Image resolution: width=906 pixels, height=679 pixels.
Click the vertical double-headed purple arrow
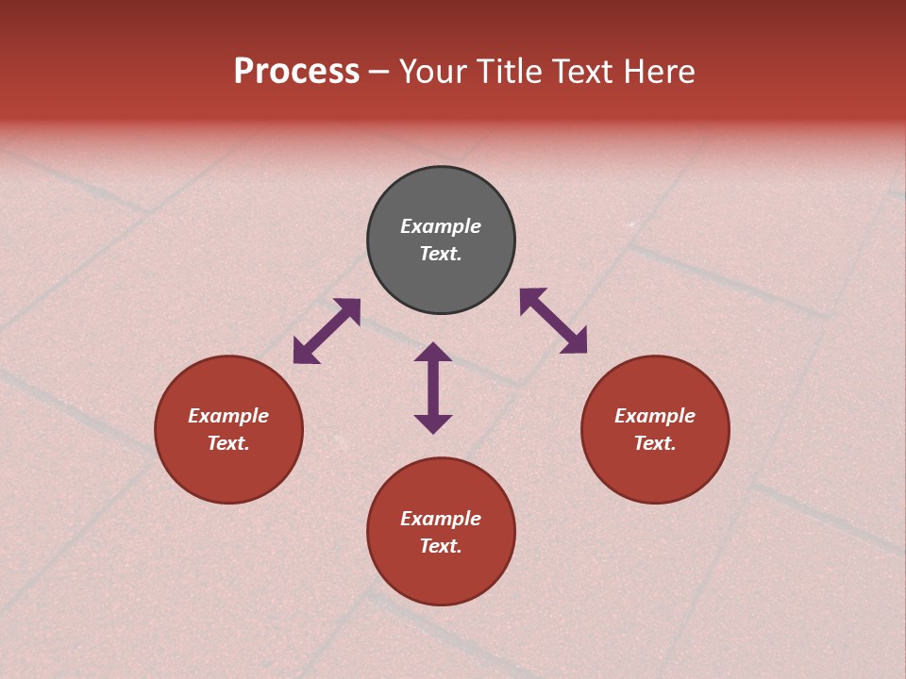tap(433, 388)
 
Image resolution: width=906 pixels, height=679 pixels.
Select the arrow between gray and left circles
tap(327, 331)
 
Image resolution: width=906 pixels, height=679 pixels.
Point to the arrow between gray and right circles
tap(553, 321)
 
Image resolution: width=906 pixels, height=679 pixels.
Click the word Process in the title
tap(296, 72)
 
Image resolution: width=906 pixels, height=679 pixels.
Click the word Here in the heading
tap(660, 72)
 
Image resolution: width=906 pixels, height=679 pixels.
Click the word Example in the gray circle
tap(441, 226)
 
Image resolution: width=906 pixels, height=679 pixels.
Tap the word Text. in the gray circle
tap(441, 254)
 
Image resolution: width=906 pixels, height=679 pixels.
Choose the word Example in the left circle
tap(228, 416)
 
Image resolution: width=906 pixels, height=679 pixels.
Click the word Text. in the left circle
tap(228, 443)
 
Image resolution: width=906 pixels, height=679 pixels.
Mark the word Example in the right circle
tap(655, 416)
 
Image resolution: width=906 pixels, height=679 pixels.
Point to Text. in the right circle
tap(655, 443)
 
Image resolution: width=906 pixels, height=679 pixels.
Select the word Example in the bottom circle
tap(441, 519)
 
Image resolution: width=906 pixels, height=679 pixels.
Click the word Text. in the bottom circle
tap(441, 546)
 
